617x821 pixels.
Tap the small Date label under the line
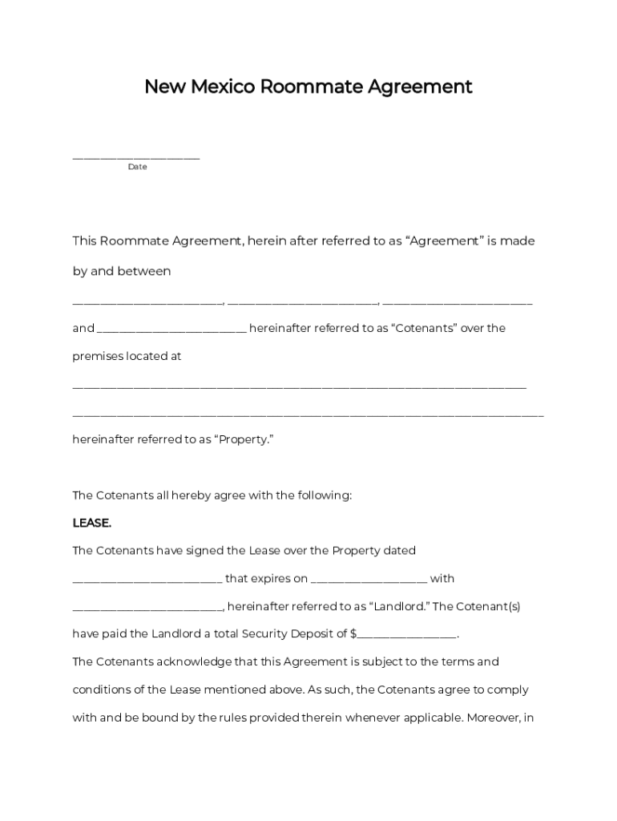(137, 167)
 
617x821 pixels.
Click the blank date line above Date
(136, 156)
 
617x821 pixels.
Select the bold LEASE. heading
(92, 523)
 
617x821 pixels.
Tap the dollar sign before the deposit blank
(353, 633)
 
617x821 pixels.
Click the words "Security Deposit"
(303, 633)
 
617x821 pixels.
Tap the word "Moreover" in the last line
(494, 718)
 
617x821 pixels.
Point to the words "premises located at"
(127, 356)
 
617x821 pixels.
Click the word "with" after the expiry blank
(442, 578)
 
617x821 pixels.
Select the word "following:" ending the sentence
(324, 495)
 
